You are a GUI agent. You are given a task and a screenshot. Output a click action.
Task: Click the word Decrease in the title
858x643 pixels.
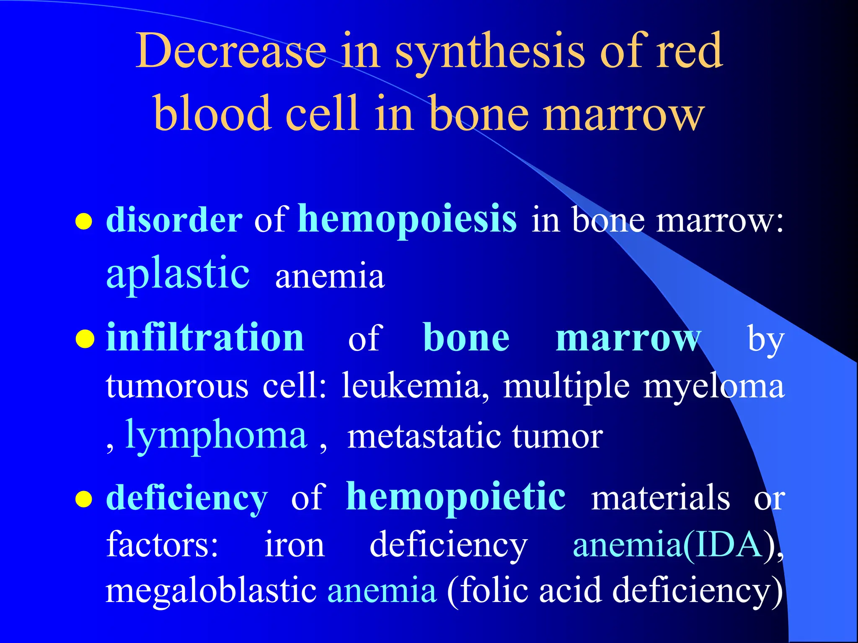(x=231, y=51)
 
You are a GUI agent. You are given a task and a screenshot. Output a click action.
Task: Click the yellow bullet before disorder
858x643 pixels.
(x=84, y=221)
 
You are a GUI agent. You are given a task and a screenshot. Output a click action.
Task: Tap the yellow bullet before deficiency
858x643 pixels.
(x=84, y=499)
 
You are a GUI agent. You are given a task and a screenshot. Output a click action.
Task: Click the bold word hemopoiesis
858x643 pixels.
(x=407, y=219)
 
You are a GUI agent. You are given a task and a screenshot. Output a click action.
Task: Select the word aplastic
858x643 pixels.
(x=178, y=274)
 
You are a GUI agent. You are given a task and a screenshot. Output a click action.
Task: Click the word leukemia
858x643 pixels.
(x=415, y=386)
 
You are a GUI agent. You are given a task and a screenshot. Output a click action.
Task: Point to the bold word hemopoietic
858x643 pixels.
(x=455, y=497)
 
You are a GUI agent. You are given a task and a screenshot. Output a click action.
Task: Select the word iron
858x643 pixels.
(x=295, y=545)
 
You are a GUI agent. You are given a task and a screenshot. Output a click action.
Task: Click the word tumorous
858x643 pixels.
(x=177, y=386)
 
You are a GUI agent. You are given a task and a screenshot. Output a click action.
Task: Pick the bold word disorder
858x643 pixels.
(x=174, y=220)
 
